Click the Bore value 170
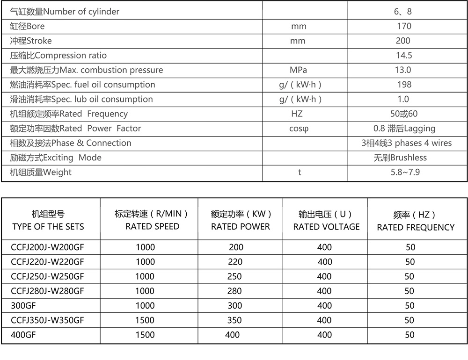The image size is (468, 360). pyautogui.click(x=403, y=26)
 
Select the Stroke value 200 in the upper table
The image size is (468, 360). pyautogui.click(x=403, y=41)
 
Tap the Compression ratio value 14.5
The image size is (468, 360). pyautogui.click(x=404, y=56)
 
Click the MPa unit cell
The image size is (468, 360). pyautogui.click(x=298, y=70)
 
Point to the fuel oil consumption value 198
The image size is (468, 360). pyautogui.click(x=404, y=85)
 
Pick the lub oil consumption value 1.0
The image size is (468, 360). pyautogui.click(x=403, y=99)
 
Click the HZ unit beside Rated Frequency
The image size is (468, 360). pyautogui.click(x=297, y=114)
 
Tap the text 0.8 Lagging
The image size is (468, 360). pyautogui.click(x=404, y=129)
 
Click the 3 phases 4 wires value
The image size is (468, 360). pyautogui.click(x=407, y=143)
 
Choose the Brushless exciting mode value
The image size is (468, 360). pyautogui.click(x=400, y=158)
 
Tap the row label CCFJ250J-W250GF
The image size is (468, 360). pyautogui.click(x=47, y=276)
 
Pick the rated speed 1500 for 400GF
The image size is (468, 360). pyautogui.click(x=145, y=335)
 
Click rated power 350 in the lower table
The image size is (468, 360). pyautogui.click(x=234, y=320)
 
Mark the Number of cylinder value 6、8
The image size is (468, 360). pyautogui.click(x=403, y=12)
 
